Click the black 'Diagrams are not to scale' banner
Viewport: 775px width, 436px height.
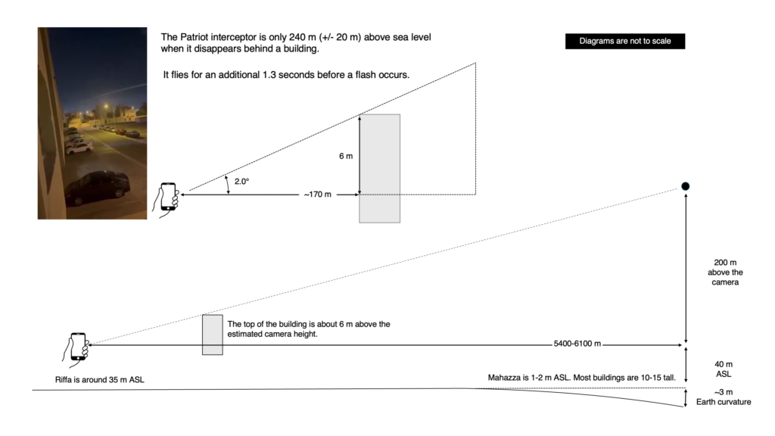(624, 41)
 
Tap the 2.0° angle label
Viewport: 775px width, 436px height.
(241, 182)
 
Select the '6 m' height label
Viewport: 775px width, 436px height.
(346, 156)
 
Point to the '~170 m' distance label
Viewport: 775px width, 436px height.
(317, 195)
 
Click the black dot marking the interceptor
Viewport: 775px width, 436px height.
(685, 186)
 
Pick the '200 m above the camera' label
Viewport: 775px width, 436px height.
(725, 272)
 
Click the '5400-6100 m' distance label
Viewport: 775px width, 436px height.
(577, 344)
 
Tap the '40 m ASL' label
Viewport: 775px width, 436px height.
(724, 369)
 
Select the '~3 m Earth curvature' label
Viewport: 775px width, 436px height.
(724, 397)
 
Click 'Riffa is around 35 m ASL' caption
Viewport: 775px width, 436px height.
(100, 380)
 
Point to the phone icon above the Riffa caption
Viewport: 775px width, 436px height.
(76, 349)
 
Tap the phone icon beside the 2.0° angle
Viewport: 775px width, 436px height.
(167, 199)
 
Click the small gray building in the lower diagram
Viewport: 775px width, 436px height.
(213, 335)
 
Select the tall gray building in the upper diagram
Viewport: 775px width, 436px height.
(380, 169)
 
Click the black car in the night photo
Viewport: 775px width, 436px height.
(97, 188)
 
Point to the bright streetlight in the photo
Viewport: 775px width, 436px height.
(106, 106)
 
